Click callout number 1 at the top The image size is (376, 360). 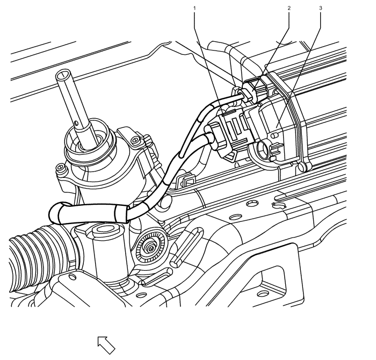pyautogui.click(x=194, y=8)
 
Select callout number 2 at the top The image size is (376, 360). pyautogui.click(x=289, y=8)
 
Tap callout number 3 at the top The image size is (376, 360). pyautogui.click(x=321, y=8)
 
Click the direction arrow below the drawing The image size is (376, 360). pyautogui.click(x=106, y=345)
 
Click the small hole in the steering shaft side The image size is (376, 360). pyautogui.click(x=76, y=124)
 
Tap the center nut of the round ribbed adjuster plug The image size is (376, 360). pyautogui.click(x=150, y=249)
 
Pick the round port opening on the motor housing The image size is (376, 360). pyautogui.click(x=263, y=150)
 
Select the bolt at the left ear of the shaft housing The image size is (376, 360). pyautogui.click(x=61, y=167)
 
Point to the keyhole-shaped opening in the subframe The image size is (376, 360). pyautogui.click(x=278, y=205)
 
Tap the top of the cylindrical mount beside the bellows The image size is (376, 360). pyautogui.click(x=105, y=229)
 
